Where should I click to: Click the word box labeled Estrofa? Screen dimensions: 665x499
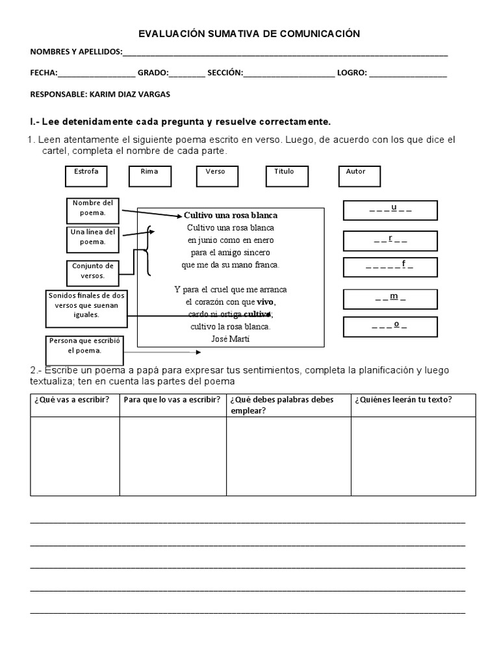86,176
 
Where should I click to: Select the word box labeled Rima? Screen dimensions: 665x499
150,176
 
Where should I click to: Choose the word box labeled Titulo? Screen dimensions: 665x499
287,176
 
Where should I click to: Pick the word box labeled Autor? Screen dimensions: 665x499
359,176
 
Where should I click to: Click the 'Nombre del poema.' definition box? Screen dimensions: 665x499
92,208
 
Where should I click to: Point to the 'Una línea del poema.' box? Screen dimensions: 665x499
92,237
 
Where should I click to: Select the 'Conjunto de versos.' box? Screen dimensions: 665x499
92,271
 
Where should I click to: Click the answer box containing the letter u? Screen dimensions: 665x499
390,210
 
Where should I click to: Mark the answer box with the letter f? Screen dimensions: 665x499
390,266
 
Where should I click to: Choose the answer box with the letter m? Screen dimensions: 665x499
390,299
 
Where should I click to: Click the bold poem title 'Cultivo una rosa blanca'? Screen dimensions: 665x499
231,215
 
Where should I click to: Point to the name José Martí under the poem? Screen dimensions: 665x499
230,338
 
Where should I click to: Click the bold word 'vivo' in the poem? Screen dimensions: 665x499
265,302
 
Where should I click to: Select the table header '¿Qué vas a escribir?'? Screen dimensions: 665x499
75,399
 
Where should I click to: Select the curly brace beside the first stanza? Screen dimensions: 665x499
150,251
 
